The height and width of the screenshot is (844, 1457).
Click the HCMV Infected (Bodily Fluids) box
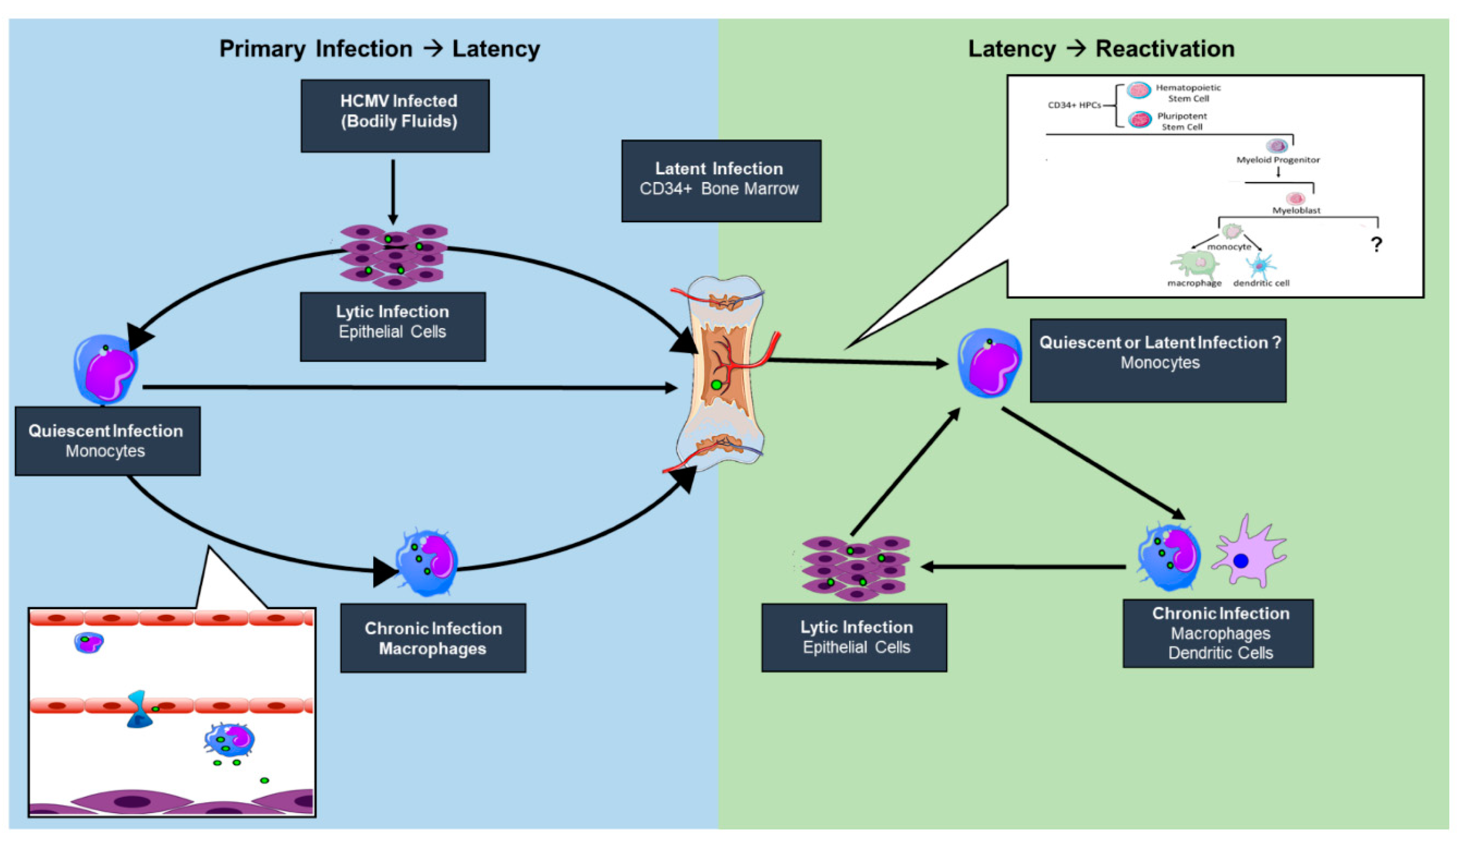[395, 116]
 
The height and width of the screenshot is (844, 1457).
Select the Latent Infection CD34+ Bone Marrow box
[721, 180]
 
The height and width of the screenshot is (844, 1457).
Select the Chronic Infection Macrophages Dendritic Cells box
[1218, 634]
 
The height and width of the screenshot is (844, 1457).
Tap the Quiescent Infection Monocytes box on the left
[107, 441]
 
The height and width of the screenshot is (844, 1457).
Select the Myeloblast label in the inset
[1296, 210]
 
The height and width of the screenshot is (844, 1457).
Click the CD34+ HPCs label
[1074, 105]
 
